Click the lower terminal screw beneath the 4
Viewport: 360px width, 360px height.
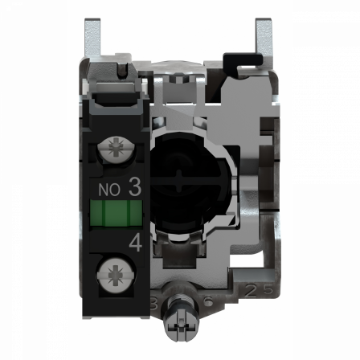(112, 275)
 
